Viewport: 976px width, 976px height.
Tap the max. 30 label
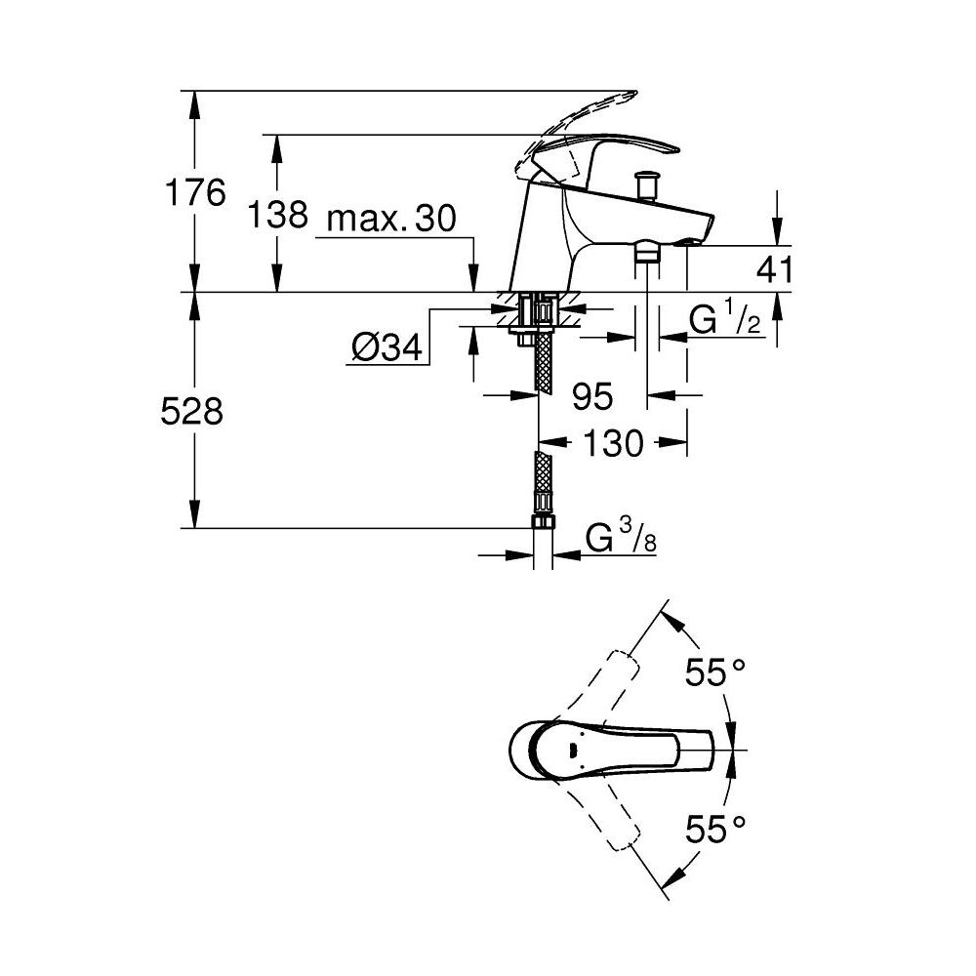[x=390, y=220]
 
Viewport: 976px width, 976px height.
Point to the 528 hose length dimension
[x=191, y=412]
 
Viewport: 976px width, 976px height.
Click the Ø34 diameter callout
[x=387, y=346]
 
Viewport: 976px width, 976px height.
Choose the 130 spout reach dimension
[x=615, y=444]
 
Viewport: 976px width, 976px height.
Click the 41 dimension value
[x=776, y=269]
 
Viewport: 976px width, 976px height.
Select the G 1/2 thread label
[x=724, y=321]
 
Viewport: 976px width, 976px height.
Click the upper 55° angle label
[x=713, y=672]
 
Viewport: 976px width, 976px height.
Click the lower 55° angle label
[x=713, y=831]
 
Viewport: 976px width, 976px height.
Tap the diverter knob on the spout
[x=645, y=183]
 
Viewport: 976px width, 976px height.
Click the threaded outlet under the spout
[x=646, y=254]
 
